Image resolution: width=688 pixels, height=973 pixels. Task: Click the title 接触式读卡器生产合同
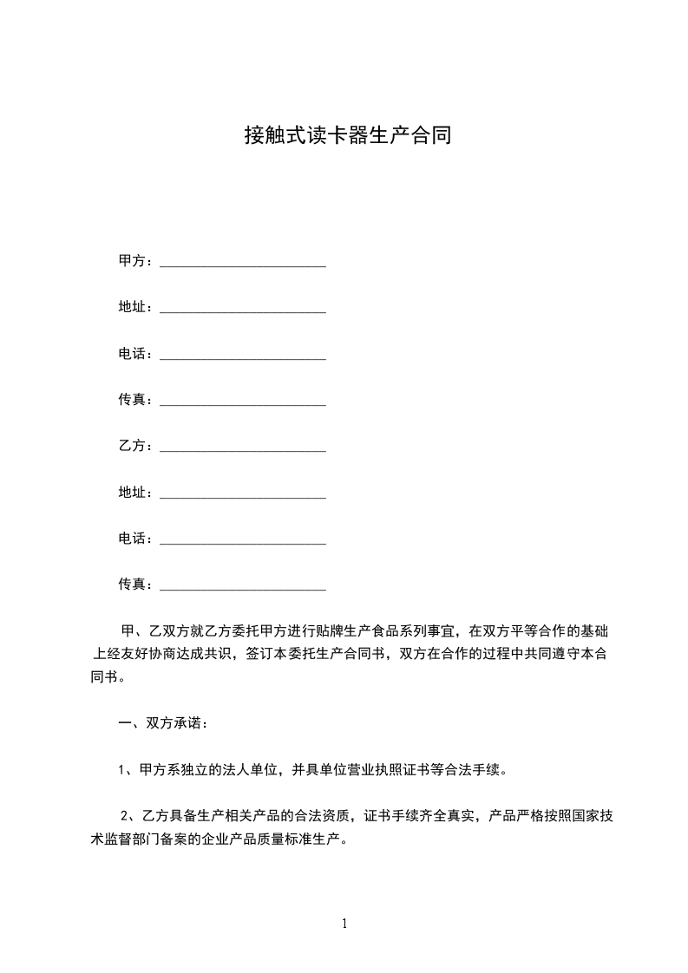pos(347,136)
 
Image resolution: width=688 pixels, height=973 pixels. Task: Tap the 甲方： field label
pos(135,261)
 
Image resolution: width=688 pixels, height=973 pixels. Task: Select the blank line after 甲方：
pos(243,264)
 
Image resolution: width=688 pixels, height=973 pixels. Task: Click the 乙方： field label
pos(135,446)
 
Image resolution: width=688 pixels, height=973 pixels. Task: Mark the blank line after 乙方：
pos(243,448)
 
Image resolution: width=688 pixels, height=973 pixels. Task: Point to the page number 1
pos(344,924)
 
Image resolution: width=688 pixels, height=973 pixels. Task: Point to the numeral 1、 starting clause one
pos(125,769)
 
